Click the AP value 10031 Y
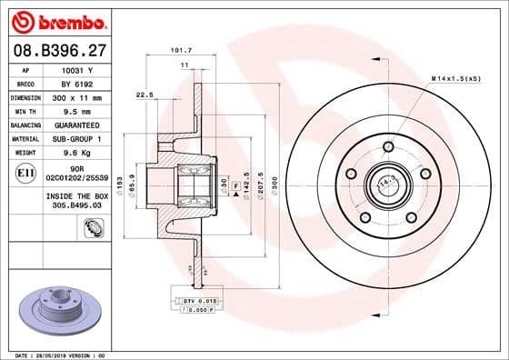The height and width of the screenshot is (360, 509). coord(77,69)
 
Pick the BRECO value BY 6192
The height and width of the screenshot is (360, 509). coord(77,83)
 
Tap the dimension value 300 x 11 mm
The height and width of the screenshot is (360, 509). coord(77,96)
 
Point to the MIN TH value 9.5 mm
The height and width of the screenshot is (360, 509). coord(77,110)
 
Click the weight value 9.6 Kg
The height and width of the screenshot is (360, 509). coord(77,153)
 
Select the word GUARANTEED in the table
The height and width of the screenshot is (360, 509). coord(77,125)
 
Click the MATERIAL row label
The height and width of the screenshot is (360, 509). coord(25,138)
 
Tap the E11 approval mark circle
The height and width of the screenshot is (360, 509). coord(25,171)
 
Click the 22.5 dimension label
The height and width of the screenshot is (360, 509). coord(144,95)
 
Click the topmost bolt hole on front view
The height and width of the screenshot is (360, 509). coord(388,146)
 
